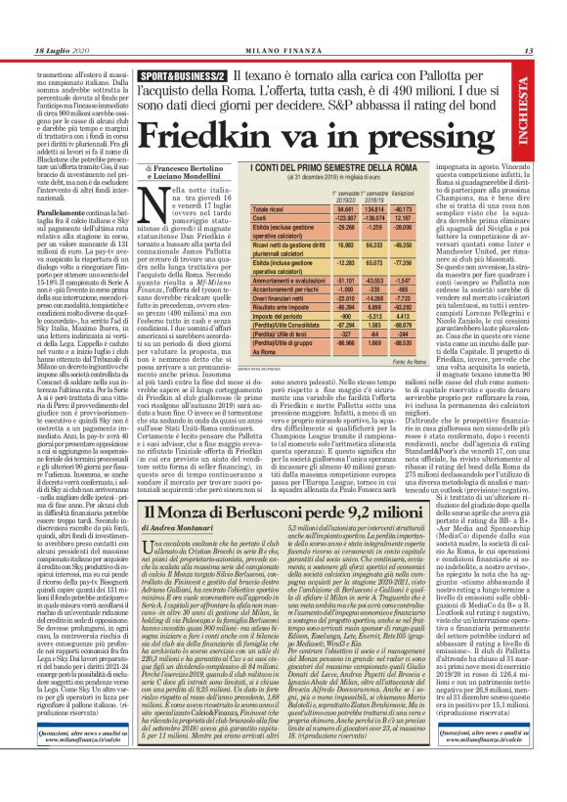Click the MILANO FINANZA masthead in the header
point(283,50)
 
